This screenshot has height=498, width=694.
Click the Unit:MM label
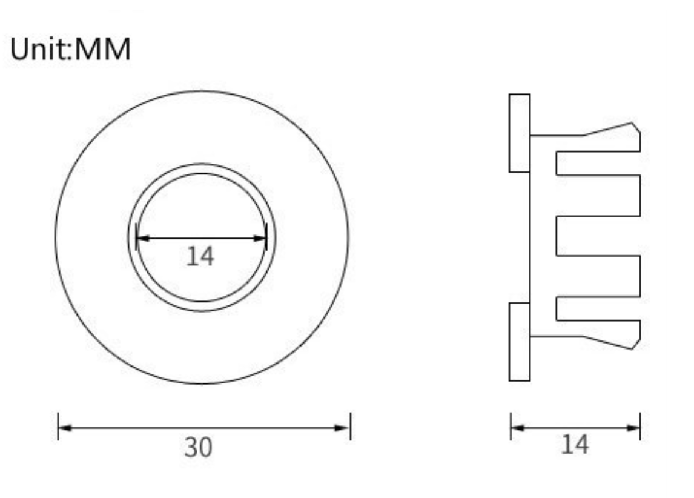(x=70, y=48)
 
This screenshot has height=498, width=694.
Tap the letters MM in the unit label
(x=103, y=48)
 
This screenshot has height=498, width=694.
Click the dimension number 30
(x=198, y=447)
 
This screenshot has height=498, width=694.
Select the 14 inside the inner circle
(x=200, y=256)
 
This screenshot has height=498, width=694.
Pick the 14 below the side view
(x=575, y=445)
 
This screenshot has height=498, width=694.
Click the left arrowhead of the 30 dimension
(x=65, y=428)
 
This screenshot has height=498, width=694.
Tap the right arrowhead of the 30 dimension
(x=343, y=428)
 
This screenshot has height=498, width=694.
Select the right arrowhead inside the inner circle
(x=260, y=238)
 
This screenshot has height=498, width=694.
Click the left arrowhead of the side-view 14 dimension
(x=518, y=428)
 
